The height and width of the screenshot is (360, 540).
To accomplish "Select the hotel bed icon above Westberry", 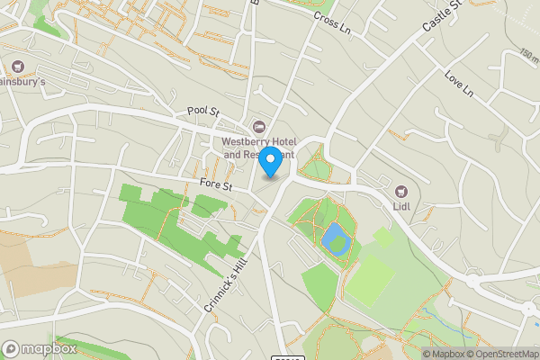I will tap(260, 126).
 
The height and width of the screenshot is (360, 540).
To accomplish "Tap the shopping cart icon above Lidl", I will tap(401, 191).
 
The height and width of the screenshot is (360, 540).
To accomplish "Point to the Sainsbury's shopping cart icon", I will tap(17, 67).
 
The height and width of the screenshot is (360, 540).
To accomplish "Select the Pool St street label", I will tap(203, 111).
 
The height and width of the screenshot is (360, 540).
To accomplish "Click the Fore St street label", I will tap(216, 185).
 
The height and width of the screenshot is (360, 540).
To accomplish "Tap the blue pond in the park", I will tap(334, 238).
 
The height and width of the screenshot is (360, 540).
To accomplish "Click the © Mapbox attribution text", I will tap(444, 354).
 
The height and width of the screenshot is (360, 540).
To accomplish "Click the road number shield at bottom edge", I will tap(288, 356).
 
